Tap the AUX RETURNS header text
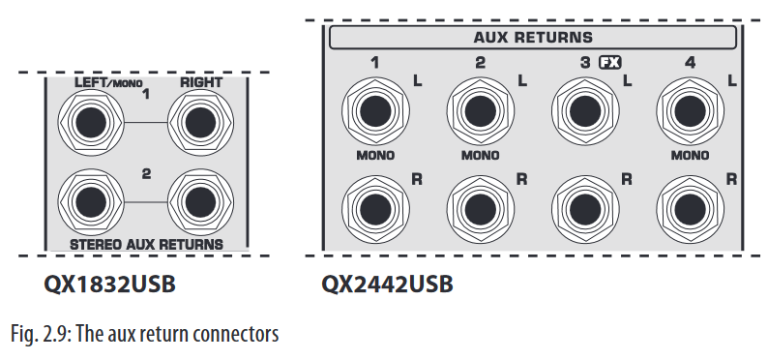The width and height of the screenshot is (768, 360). [x=532, y=39]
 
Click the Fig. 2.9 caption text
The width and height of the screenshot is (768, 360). [x=145, y=335]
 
